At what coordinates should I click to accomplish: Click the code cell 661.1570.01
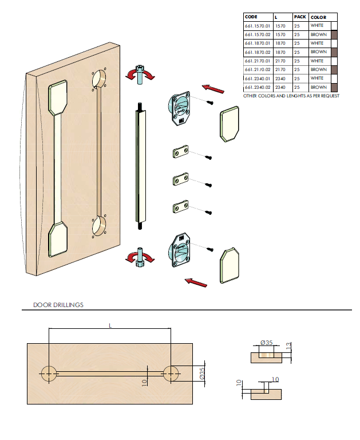tap(257, 26)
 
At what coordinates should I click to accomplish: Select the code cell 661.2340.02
tap(257, 87)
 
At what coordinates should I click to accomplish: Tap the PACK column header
tap(300, 17)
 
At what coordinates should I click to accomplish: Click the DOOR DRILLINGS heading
tap(58, 305)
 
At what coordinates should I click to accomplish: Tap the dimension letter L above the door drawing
tap(110, 325)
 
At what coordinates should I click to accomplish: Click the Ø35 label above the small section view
tap(266, 342)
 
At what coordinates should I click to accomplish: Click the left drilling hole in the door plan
tap(49, 374)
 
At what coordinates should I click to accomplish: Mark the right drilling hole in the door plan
tap(171, 374)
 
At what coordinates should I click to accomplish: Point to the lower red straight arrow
tap(196, 282)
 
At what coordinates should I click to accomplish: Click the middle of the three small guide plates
tap(181, 179)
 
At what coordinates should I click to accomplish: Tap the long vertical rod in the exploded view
tap(141, 166)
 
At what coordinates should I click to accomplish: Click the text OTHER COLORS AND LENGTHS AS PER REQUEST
tap(291, 96)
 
